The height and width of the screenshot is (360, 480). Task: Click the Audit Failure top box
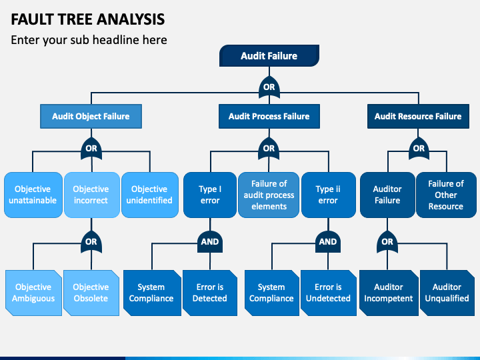[269, 56]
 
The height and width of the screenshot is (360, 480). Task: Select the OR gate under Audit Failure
[269, 87]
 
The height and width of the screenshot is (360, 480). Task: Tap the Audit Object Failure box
[91, 116]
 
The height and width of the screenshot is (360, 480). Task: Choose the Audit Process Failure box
[269, 116]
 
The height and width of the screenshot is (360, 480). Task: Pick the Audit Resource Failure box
[418, 116]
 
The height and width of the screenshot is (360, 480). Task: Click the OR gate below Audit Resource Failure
[419, 149]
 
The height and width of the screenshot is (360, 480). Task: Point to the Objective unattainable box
[33, 195]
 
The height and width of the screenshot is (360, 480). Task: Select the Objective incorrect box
[91, 195]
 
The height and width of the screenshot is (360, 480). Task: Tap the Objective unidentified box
[150, 195]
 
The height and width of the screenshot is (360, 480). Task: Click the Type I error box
[210, 195]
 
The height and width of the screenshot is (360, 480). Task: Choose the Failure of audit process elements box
[269, 195]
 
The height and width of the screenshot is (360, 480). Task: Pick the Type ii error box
[329, 195]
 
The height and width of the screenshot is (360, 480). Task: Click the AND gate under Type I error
[210, 242]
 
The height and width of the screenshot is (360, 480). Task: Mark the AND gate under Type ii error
[328, 242]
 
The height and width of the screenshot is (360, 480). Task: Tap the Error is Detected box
[210, 293]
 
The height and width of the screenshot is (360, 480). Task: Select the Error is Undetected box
[329, 293]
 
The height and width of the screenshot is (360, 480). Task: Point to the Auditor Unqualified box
[447, 293]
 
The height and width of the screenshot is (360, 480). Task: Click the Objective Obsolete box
[91, 293]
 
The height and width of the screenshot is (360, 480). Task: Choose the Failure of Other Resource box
[446, 195]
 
